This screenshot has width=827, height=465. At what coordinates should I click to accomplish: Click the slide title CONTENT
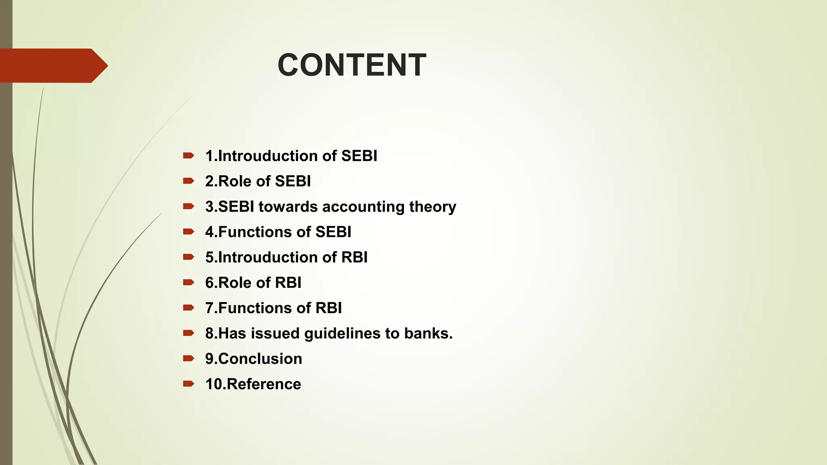[x=352, y=65]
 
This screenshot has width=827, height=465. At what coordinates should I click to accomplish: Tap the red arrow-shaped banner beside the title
[x=52, y=65]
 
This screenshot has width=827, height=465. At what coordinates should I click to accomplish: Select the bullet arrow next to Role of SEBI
[x=189, y=181]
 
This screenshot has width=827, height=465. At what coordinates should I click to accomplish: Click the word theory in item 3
[x=432, y=207]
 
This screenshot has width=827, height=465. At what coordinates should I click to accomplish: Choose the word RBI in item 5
[x=354, y=258]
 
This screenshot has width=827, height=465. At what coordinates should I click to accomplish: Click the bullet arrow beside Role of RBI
[x=189, y=283]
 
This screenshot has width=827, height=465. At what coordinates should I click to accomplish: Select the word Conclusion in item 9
[x=260, y=359]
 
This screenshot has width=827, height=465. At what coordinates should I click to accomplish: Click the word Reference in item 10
[x=264, y=384]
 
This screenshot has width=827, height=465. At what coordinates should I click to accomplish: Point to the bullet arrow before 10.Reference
[x=189, y=384]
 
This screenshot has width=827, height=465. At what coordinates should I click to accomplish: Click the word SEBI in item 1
[x=359, y=156]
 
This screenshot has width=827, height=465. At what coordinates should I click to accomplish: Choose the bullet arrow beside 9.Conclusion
[x=189, y=358]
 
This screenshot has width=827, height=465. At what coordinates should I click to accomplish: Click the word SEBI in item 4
[x=333, y=232]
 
